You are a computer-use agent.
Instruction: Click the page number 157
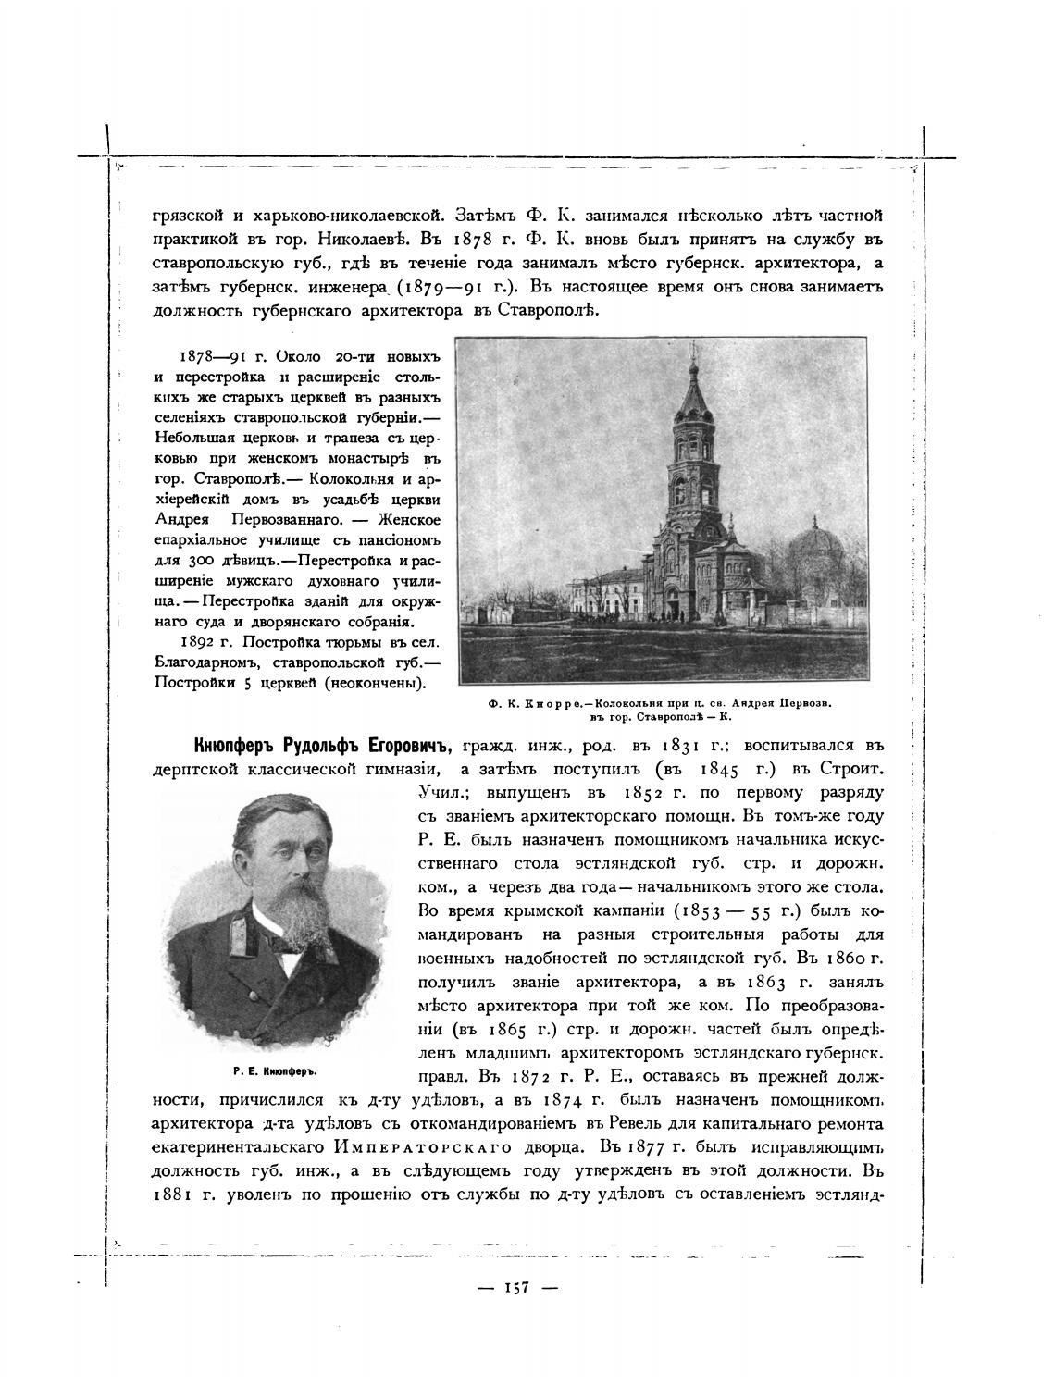pyautogui.click(x=515, y=1287)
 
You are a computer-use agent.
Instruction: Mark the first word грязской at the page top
pyautogui.click(x=187, y=216)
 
